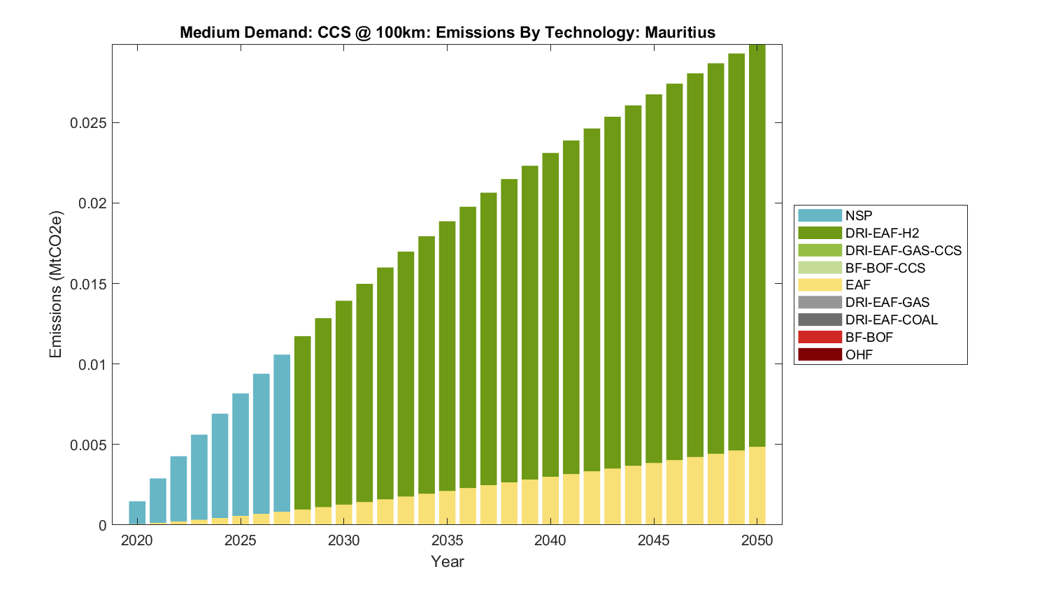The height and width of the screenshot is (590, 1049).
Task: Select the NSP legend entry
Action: pos(858,216)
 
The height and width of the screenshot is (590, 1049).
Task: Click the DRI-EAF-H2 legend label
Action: pos(882,233)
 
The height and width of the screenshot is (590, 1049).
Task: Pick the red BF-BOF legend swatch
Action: pos(820,338)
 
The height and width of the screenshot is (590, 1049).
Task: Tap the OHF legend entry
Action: pos(859,355)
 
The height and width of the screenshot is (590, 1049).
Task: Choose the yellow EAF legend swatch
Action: pos(820,285)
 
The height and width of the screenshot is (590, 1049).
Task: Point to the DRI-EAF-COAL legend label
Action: pos(891,320)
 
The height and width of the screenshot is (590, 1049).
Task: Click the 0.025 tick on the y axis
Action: pos(88,123)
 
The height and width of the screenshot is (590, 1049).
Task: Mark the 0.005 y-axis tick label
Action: pos(88,445)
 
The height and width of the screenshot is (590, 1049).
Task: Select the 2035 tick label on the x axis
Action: pos(448,540)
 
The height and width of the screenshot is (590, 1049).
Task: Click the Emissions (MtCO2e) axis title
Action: pos(56,284)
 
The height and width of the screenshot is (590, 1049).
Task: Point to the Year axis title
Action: pos(448,561)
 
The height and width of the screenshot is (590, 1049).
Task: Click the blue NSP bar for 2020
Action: pos(137,512)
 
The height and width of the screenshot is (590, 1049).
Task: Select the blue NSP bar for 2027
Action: pos(282,433)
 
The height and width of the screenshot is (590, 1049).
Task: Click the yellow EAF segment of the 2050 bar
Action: pos(757,486)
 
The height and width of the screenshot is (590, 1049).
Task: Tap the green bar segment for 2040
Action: pos(550,315)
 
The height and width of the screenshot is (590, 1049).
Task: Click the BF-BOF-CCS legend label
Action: pos(885,268)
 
